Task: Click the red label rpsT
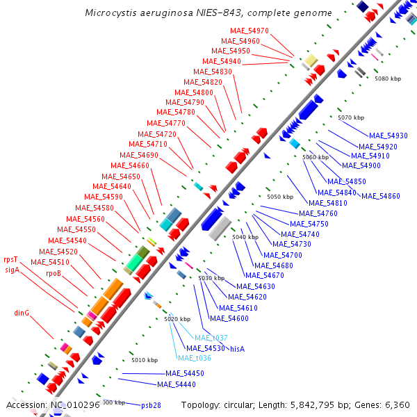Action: point(11,260)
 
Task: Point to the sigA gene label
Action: point(12,270)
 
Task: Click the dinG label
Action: point(22,313)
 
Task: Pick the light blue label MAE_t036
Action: point(194,359)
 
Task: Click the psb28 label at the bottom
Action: point(151,405)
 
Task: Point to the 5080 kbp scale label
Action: point(388,79)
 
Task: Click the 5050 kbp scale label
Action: point(280,197)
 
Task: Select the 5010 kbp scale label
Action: point(145,360)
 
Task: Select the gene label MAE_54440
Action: point(175,384)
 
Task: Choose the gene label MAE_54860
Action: point(380,196)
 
